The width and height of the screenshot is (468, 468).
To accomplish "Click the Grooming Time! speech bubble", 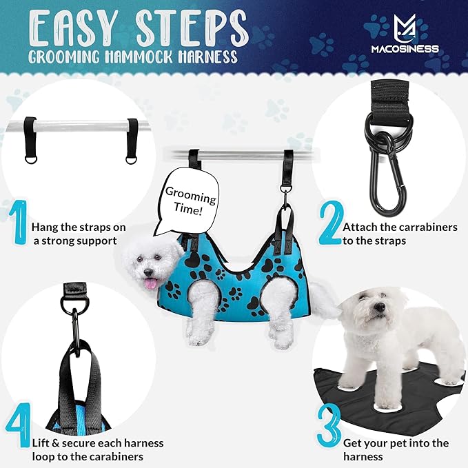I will point(188,200).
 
